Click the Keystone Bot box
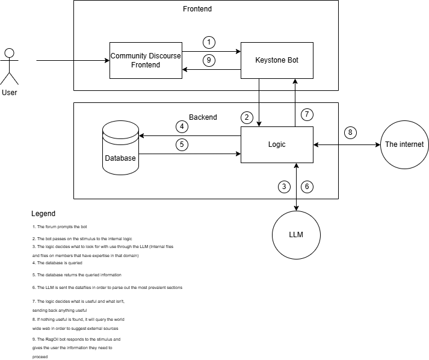(x=277, y=60)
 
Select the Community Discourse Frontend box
(x=146, y=60)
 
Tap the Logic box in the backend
(x=277, y=144)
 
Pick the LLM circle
(x=296, y=234)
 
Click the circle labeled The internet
(x=404, y=144)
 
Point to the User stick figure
(x=9, y=66)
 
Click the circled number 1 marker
(x=209, y=42)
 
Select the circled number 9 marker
(x=209, y=60)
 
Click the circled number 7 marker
(x=307, y=114)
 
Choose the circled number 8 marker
(x=351, y=132)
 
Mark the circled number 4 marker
(x=182, y=126)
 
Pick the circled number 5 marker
(x=182, y=144)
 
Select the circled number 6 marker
(x=307, y=187)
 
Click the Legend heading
(x=43, y=214)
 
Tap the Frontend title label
(x=197, y=9)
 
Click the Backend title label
(x=203, y=117)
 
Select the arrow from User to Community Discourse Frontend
(x=72, y=60)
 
